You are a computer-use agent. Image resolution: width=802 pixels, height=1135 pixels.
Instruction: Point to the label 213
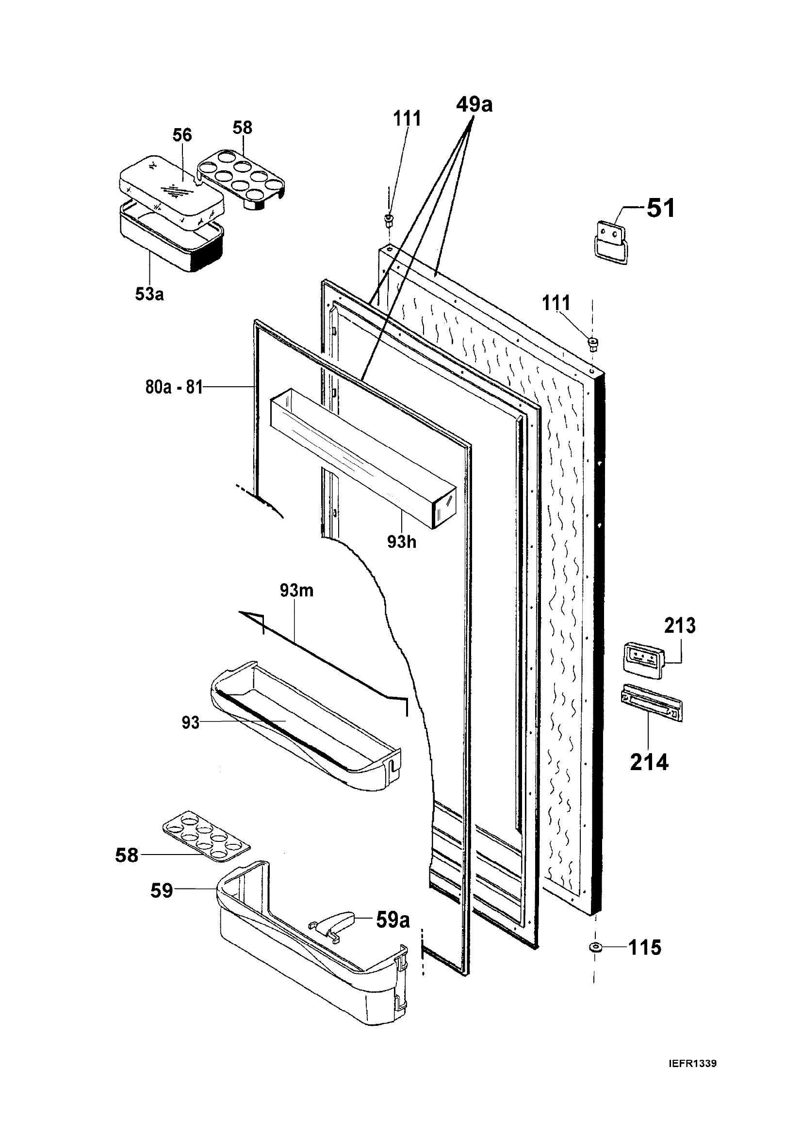point(680,626)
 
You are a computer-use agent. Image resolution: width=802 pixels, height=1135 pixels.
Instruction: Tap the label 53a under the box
point(149,294)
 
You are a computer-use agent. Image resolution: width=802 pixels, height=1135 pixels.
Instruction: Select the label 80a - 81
point(174,387)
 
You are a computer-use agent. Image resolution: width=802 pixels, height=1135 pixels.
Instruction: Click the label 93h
point(401,542)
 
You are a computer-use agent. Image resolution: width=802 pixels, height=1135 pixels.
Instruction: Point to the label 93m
point(296,590)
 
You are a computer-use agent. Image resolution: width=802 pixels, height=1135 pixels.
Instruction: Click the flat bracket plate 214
point(649,704)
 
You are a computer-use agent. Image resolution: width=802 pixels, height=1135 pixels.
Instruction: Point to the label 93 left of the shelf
point(190,723)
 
